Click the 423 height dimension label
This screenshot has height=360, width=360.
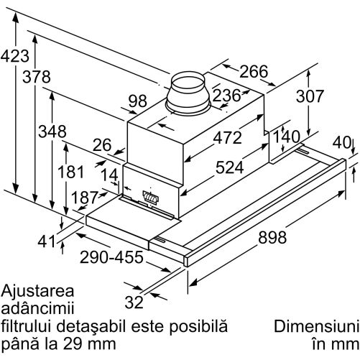point(15,56)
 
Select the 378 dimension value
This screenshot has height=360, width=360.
point(37,77)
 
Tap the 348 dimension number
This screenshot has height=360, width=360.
point(52,131)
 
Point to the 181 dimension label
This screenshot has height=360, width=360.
point(71,172)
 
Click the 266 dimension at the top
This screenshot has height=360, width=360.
point(254,71)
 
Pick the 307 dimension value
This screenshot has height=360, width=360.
point(310,96)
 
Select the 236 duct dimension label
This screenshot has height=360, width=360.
point(226,96)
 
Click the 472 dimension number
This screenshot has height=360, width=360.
point(228,138)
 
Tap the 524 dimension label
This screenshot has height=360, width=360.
point(230,167)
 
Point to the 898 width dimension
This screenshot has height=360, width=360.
point(272,237)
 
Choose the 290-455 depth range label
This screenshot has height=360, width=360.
point(111,257)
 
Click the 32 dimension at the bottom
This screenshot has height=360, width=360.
point(134,302)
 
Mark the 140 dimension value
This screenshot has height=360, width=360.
point(287,137)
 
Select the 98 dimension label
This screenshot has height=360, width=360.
point(138,101)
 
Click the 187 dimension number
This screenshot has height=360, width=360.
point(85,198)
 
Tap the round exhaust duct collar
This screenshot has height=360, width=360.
point(189,93)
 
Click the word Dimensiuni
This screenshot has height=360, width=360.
point(316,327)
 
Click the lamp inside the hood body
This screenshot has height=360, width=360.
point(150,197)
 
